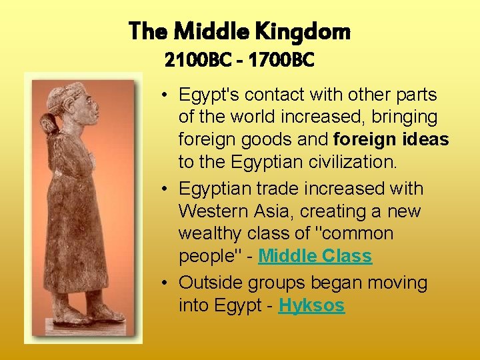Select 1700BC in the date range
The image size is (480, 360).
283,61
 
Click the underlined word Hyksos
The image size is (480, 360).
311,306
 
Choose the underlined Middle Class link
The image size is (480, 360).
315,256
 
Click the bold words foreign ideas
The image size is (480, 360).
391,140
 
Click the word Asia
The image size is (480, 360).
275,211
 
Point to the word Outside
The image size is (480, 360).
209,283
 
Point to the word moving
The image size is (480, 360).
396,283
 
